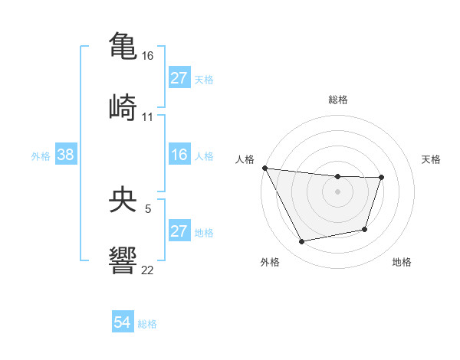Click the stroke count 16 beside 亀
point(148,56)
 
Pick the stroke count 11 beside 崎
point(148,116)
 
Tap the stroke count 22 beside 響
point(148,270)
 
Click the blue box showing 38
point(66,155)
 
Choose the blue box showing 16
point(179,155)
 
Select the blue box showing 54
point(123,323)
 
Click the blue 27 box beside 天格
point(179,78)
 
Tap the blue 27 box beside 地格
point(179,231)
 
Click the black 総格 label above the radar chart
point(338,100)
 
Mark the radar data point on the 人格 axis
point(264,168)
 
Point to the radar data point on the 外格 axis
point(302,242)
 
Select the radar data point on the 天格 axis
point(381,178)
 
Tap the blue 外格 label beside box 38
point(41,155)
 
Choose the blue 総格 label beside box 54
point(147,324)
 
